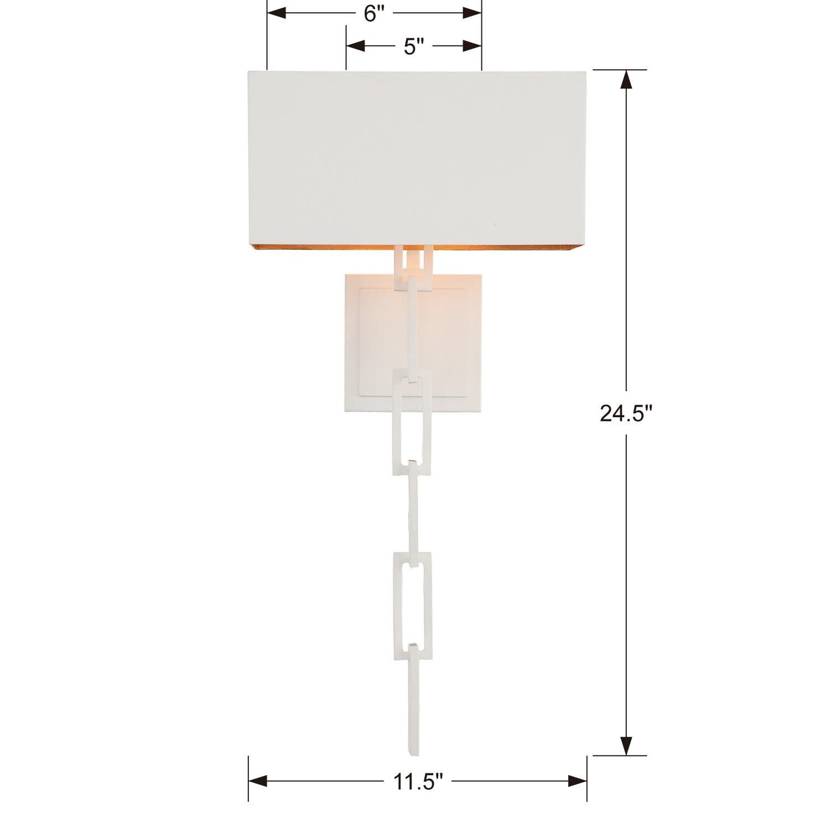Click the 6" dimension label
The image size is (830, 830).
(375, 14)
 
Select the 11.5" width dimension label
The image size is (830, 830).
(418, 781)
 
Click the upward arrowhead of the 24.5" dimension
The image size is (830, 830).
(626, 80)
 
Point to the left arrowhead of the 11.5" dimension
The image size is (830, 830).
(258, 781)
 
